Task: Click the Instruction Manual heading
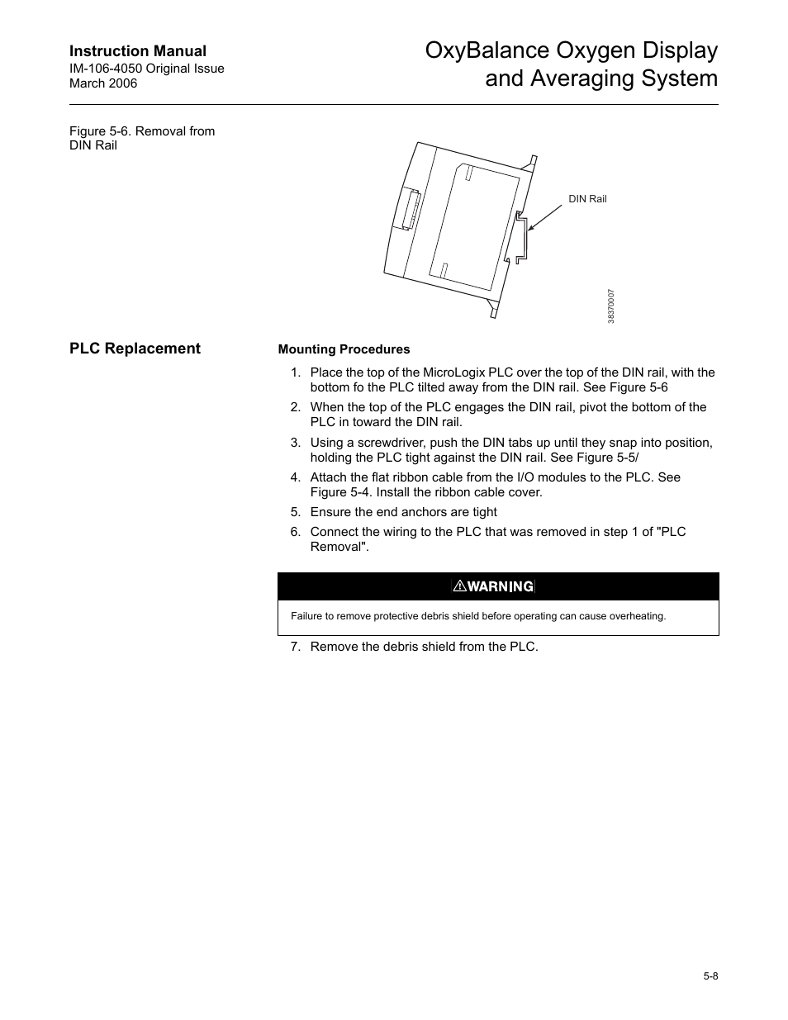[138, 51]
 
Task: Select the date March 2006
[103, 83]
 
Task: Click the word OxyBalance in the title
[482, 51]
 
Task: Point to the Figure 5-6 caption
[142, 138]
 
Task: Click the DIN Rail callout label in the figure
[587, 199]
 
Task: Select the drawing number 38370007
[611, 306]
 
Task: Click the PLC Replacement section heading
[135, 349]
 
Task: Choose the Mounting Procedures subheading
[344, 349]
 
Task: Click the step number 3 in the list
[295, 443]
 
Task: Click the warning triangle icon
[458, 586]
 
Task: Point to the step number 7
[295, 647]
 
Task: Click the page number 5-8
[710, 976]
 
